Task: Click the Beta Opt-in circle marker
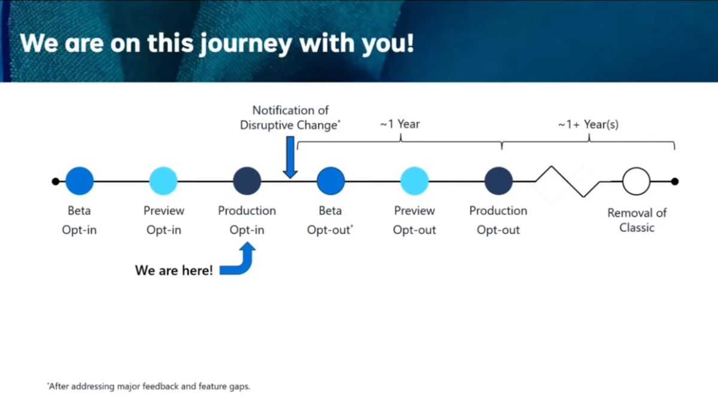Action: pos(80,181)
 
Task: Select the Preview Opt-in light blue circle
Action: pos(163,181)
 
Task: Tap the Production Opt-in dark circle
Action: pos(247,181)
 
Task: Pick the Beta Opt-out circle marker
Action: pos(330,181)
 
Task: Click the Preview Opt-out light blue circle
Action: pos(414,181)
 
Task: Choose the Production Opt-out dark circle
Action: pos(498,181)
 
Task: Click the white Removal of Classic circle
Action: pos(636,181)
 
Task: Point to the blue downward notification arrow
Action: pos(290,157)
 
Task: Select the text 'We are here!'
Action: pos(174,271)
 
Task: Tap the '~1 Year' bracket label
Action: pos(400,124)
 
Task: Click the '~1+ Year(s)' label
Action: pos(588,124)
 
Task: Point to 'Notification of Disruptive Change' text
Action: pos(290,118)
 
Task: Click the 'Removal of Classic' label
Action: pos(637,220)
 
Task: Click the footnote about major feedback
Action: pos(148,386)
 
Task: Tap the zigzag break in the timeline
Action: pos(567,181)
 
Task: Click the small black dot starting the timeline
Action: pos(56,181)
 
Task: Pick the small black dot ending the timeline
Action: pos(675,181)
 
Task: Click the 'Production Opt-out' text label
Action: pos(498,220)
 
